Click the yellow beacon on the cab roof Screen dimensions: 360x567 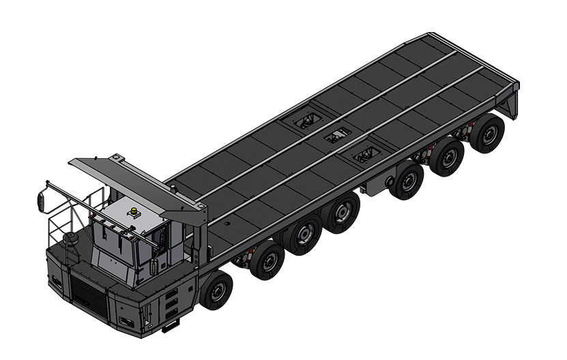point(135,211)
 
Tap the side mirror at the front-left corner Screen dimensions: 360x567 point(42,200)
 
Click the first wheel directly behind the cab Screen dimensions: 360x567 point(217,290)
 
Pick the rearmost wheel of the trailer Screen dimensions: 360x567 point(488,134)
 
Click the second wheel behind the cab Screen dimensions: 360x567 point(267,260)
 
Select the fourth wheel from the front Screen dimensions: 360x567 point(342,213)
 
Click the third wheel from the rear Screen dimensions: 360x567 point(408,181)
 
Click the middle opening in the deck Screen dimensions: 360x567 point(337,136)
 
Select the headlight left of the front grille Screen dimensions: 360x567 point(55,280)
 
